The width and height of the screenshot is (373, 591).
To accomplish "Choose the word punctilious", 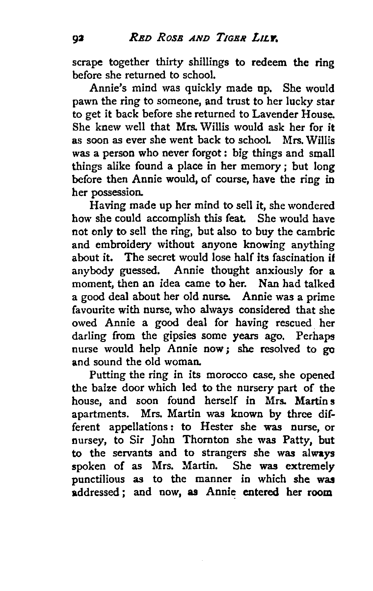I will [98, 479].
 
